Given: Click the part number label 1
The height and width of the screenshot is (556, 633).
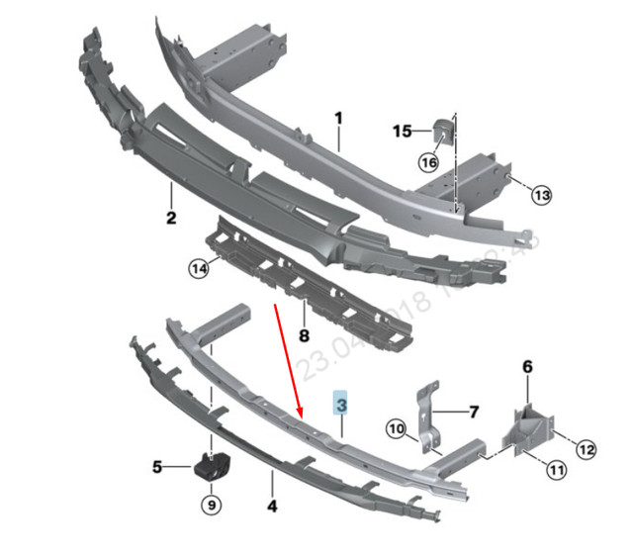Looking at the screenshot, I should point(337,119).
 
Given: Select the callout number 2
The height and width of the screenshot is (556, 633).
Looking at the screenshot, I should point(170,218).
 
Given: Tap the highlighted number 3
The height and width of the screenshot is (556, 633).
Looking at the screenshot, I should point(341,405).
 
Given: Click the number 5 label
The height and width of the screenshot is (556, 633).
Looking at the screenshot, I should point(157,466).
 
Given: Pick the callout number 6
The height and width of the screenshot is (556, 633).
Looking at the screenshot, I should point(527,367).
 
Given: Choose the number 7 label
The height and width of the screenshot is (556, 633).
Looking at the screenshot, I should point(473,411).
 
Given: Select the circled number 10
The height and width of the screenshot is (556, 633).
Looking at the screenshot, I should point(396,429).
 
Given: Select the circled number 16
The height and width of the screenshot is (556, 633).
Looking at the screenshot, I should point(428,163).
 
